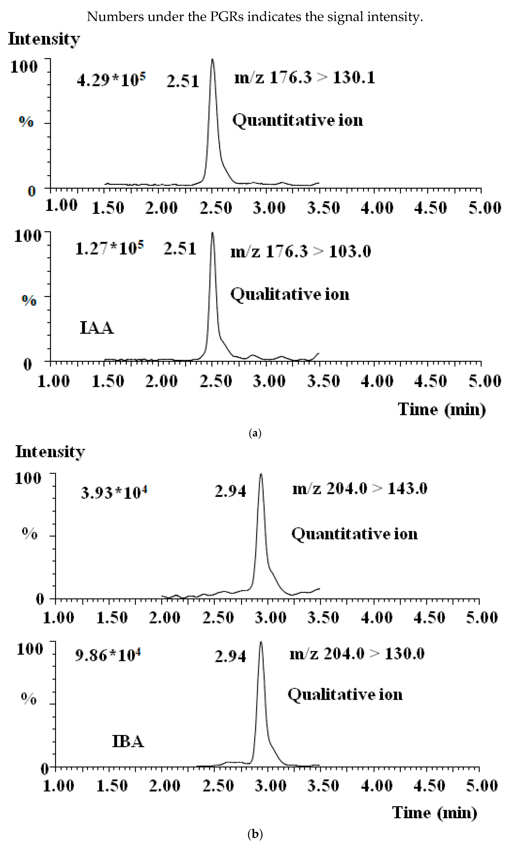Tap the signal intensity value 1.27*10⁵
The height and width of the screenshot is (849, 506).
point(109,248)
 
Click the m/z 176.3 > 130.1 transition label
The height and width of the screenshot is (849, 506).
point(304,77)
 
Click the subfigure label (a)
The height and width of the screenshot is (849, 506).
point(255,433)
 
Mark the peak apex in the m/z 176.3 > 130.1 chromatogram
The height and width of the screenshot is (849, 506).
point(213,59)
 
